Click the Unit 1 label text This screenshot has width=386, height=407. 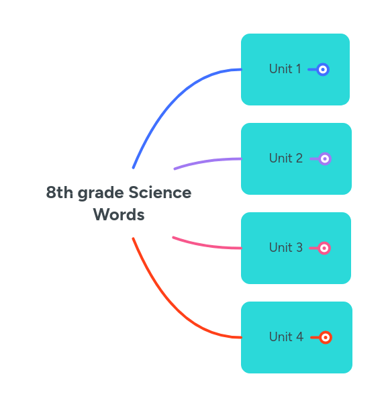tap(285, 69)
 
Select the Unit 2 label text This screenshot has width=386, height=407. tap(285, 159)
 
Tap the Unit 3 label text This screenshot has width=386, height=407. tap(285, 248)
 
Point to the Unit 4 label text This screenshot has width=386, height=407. tap(286, 337)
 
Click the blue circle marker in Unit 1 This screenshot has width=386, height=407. tap(323, 69)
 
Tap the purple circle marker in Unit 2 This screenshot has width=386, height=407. tap(325, 159)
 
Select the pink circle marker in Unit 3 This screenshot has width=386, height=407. tap(324, 248)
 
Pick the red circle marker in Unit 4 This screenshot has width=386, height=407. tap(326, 337)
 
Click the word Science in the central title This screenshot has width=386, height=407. tap(160, 193)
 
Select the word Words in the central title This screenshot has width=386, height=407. tap(119, 215)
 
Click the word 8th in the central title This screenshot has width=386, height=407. tap(59, 193)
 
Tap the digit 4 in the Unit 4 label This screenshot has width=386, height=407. tap(299, 337)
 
